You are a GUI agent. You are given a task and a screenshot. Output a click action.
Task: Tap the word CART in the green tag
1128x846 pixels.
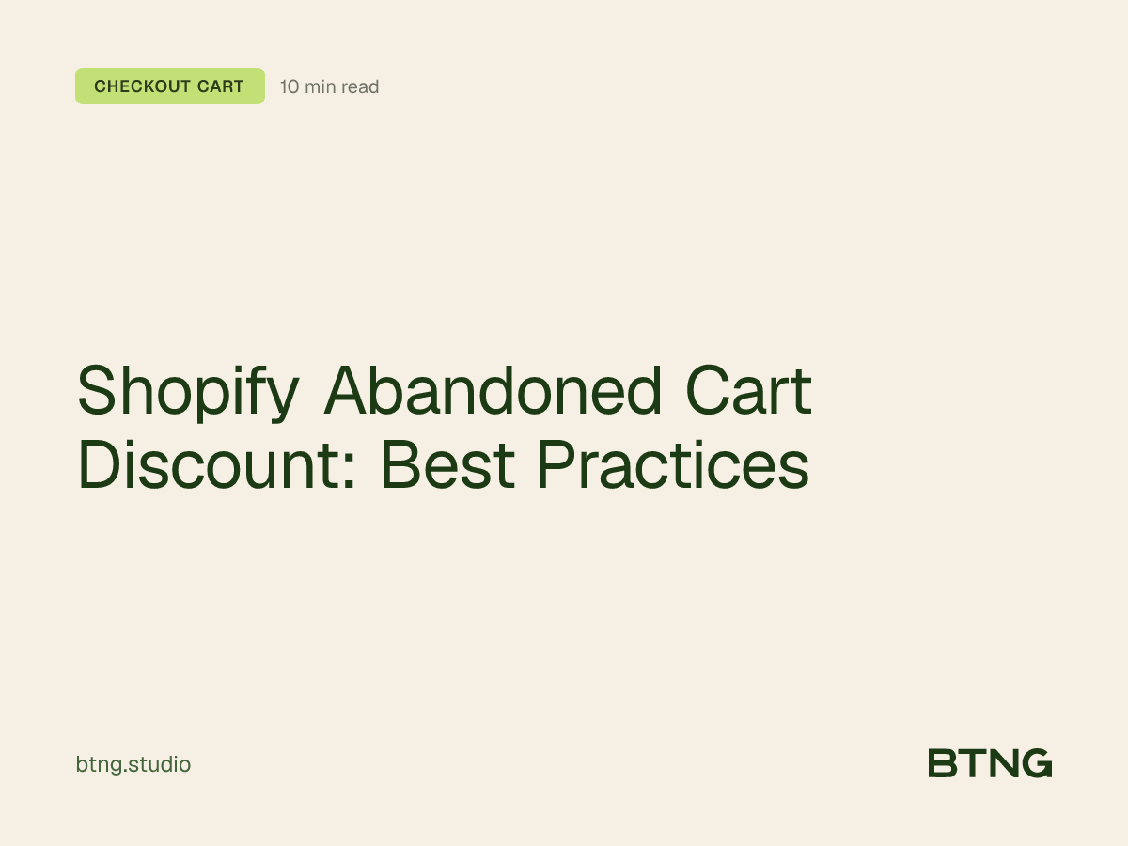tap(220, 86)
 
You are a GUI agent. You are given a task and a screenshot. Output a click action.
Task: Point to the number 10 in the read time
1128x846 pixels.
tap(290, 87)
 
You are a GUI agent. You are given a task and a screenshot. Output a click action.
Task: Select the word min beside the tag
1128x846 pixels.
tap(320, 87)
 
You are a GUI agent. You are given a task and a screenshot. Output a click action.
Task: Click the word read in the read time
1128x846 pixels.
tap(360, 87)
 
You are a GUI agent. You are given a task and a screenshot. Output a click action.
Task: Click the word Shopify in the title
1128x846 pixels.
tap(186, 393)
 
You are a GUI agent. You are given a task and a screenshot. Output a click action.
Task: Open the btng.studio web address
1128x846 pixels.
tap(133, 765)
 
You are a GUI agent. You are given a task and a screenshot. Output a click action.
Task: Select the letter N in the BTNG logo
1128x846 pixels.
tap(1003, 763)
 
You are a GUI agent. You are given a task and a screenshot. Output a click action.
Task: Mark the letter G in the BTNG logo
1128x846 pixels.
tap(1037, 763)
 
